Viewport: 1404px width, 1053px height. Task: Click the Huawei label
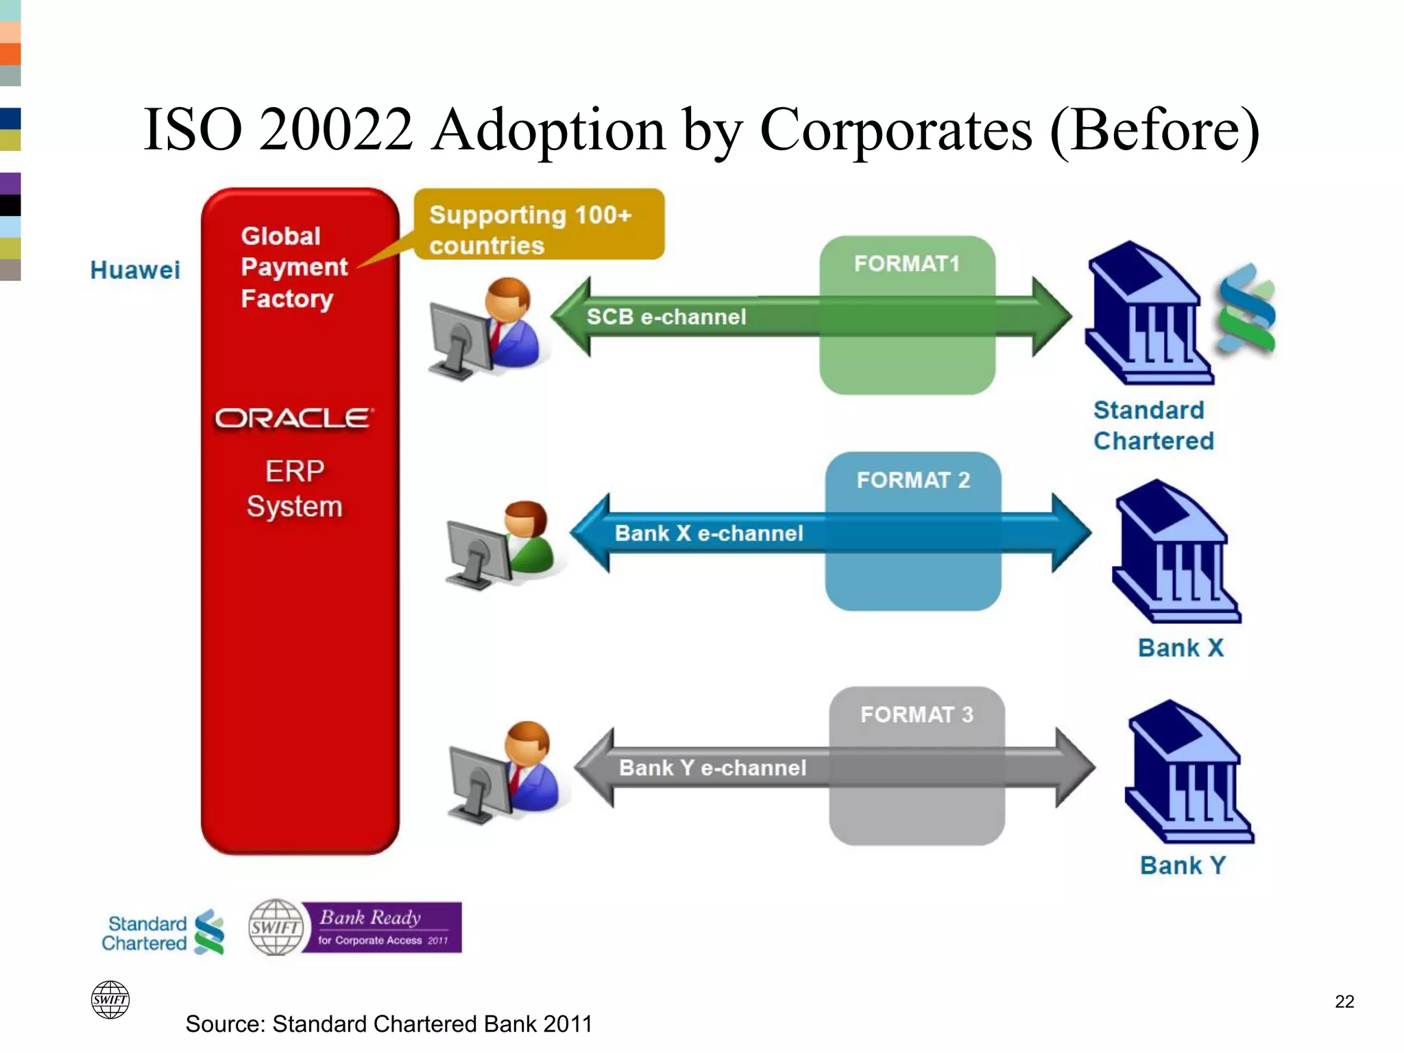pos(135,270)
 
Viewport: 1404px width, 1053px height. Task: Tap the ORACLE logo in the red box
pos(295,418)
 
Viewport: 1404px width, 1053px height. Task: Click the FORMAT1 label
pos(906,264)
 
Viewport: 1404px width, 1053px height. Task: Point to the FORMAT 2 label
pos(912,480)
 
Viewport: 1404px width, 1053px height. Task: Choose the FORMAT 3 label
pos(917,714)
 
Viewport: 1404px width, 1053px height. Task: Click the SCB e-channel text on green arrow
pos(666,317)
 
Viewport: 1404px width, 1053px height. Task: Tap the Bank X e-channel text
pos(709,533)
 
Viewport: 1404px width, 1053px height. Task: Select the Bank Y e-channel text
pos(712,768)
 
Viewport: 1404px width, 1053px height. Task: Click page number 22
pos(1344,1002)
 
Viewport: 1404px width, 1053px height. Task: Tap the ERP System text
pos(295,489)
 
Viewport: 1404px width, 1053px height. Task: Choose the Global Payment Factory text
pos(293,267)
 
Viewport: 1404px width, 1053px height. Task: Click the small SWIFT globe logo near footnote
pos(110,1000)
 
